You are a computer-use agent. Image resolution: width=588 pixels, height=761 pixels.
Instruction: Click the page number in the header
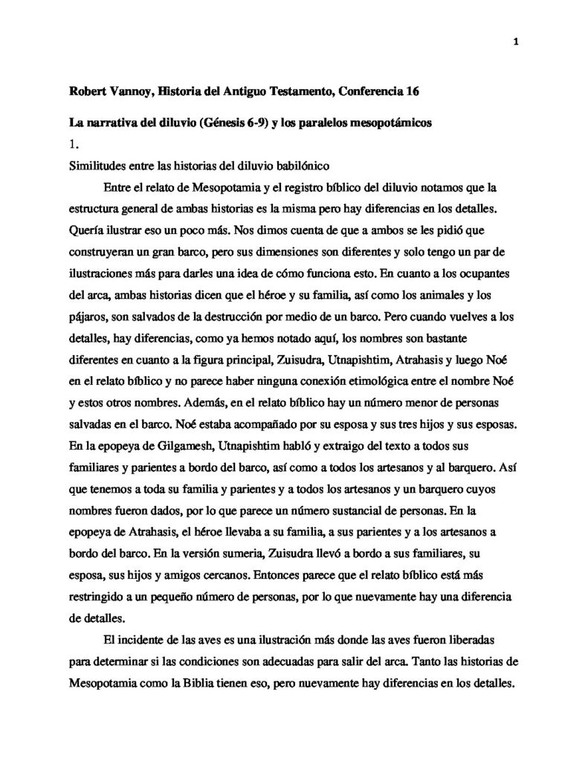point(515,42)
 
